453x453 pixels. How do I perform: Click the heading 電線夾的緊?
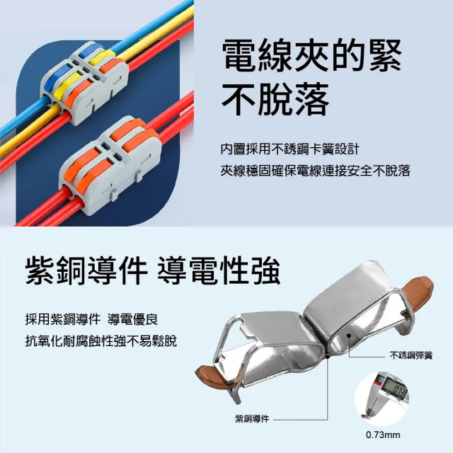(312, 55)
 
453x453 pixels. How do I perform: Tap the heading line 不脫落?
(275, 99)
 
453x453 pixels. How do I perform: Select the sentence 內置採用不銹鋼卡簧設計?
(289, 149)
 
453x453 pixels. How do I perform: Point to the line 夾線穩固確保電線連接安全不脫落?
(316, 171)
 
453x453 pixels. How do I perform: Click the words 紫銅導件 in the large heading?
(86, 271)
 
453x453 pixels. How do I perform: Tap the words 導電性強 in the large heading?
(219, 271)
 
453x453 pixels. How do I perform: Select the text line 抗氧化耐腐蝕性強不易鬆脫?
(101, 341)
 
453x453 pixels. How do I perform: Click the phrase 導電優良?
(132, 319)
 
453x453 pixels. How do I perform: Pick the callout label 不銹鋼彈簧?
(411, 355)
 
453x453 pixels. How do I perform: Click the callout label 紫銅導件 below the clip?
(252, 418)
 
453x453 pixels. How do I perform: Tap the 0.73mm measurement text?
(383, 435)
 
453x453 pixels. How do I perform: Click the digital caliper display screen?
(395, 387)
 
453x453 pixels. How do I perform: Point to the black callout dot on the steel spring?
(349, 336)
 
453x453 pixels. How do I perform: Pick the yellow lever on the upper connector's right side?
(101, 57)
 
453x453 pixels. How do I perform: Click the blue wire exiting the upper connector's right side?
(150, 26)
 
